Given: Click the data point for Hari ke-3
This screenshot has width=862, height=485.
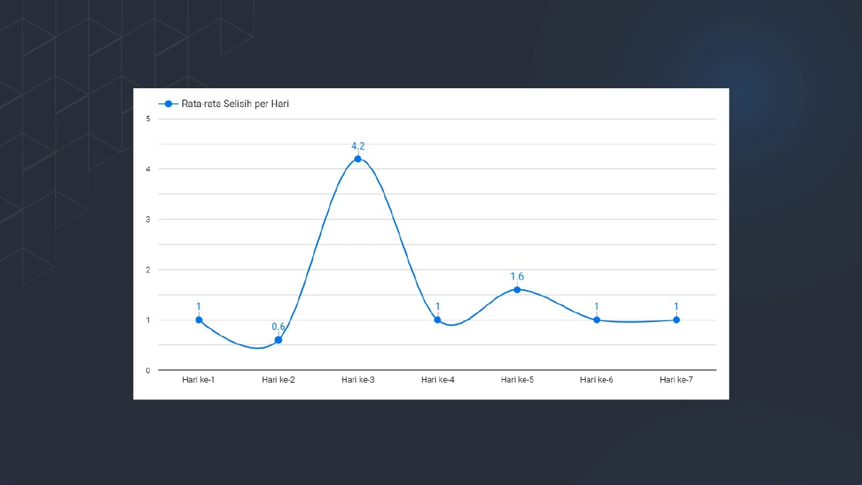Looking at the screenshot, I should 358,159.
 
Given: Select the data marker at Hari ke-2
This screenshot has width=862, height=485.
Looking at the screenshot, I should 278,340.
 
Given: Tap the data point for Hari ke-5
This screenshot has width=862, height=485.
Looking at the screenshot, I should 517,290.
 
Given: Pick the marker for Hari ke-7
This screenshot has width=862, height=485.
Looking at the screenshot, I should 676,320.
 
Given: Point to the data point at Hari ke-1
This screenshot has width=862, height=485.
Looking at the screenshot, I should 199,320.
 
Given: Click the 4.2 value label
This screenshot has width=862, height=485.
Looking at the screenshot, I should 358,146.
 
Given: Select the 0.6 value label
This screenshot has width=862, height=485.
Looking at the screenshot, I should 278,327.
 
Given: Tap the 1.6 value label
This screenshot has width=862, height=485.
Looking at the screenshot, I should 517,277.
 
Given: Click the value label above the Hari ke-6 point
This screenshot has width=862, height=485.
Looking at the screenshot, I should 597,307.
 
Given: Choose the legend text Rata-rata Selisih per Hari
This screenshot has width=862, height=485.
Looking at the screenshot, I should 235,104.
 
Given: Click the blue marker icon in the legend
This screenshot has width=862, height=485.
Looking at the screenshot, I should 168,104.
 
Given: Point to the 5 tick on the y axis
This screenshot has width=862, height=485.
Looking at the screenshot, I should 148,119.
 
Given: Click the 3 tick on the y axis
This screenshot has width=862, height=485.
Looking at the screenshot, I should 148,220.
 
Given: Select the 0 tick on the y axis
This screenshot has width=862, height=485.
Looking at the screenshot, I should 148,370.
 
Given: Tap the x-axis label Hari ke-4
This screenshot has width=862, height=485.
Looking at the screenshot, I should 438,380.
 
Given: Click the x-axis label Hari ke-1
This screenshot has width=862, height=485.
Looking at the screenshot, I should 199,380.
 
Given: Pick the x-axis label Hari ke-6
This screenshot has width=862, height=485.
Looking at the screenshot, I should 597,380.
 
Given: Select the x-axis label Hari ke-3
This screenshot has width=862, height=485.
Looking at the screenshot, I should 358,380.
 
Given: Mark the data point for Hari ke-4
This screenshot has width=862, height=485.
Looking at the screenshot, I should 438,320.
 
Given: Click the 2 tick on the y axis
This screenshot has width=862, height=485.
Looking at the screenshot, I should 148,269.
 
